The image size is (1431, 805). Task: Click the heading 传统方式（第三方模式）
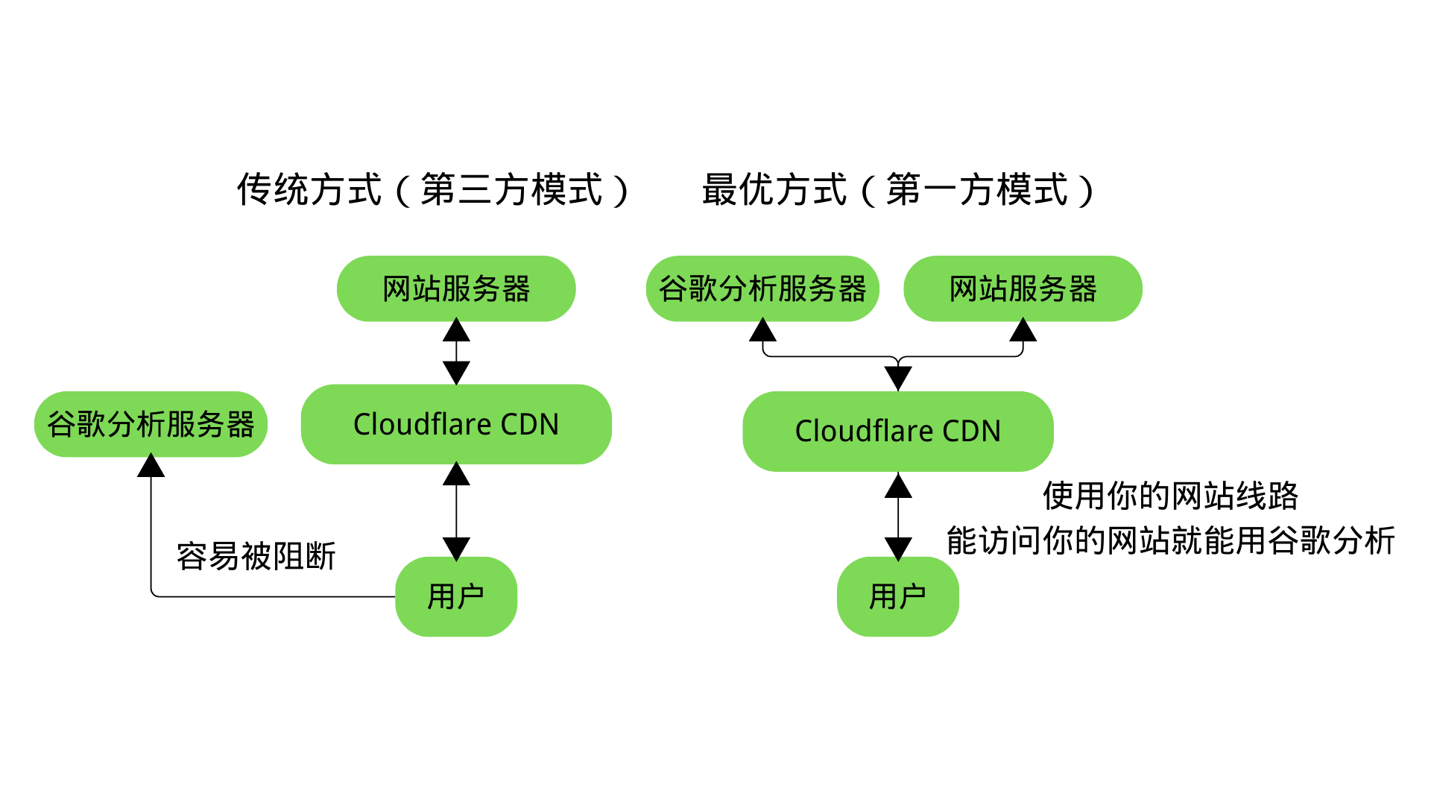pos(434,189)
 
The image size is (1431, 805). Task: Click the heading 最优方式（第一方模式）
pos(899,189)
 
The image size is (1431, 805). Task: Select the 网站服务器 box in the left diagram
pos(456,288)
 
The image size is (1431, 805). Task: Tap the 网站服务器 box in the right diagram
pos(1023,288)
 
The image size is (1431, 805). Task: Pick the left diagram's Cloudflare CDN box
pos(456,424)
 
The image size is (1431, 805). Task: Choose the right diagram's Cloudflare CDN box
pos(898,431)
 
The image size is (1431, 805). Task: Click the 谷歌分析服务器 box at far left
pos(151,424)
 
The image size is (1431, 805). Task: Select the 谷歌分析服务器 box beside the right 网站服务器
pos(762,288)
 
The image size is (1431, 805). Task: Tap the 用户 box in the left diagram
pos(456,596)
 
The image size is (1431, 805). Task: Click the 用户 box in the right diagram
pos(898,596)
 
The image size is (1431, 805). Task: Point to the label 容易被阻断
pos(256,556)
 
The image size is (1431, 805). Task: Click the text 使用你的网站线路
pos(1170,496)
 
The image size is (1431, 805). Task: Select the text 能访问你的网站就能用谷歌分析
pos(1170,540)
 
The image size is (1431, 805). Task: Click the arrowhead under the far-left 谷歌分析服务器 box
pos(151,465)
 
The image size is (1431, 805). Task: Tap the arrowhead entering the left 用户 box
pos(456,549)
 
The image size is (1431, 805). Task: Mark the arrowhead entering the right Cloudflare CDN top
pos(898,379)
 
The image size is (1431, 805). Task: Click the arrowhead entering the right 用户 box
pos(898,549)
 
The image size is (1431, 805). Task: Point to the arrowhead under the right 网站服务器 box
pos(1023,329)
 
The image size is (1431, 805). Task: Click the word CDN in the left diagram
pos(529,424)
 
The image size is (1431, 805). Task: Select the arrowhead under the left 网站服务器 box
pos(456,329)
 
